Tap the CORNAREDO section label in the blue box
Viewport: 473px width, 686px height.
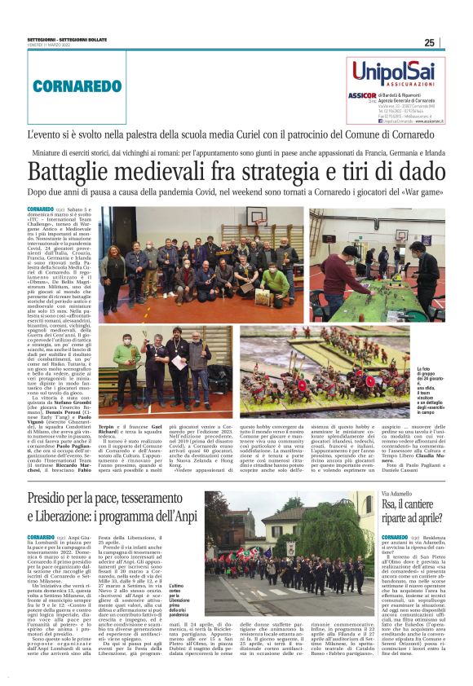[66, 84]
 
